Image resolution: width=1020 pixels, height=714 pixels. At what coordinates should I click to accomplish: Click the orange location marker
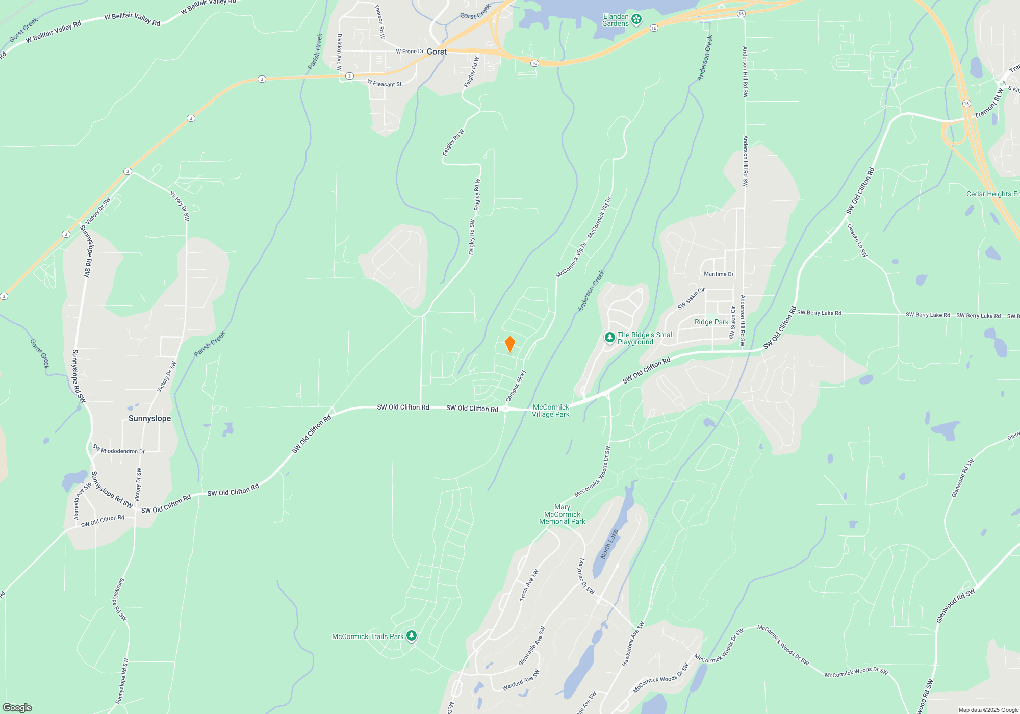(509, 344)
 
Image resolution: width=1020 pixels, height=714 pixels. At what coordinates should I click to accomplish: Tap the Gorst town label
(437, 52)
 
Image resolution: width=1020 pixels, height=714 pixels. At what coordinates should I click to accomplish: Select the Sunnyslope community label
(149, 418)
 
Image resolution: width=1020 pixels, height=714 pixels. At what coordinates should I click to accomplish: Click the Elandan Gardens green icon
(636, 19)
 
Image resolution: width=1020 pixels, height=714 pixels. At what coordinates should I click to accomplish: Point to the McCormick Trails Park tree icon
(412, 636)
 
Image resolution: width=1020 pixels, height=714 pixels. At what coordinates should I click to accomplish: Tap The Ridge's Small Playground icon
(609, 338)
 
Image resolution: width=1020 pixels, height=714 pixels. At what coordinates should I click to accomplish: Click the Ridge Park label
(711, 322)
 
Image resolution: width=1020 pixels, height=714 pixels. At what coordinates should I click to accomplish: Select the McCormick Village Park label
(551, 411)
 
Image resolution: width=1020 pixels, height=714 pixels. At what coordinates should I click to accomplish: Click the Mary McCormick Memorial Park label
(562, 514)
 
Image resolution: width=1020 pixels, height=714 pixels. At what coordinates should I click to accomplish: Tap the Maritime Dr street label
(719, 274)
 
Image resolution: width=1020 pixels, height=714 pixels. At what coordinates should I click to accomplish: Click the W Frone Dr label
(410, 52)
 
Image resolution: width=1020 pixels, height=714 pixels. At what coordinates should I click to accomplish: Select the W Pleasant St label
(384, 83)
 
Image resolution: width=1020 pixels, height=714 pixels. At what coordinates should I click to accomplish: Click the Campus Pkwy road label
(516, 386)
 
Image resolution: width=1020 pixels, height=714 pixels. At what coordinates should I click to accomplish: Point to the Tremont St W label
(988, 104)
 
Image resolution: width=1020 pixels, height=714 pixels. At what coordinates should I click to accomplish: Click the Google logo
(17, 707)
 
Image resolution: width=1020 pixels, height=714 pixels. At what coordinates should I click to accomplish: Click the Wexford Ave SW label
(521, 680)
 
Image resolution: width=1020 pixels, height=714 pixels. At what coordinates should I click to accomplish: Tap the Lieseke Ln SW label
(857, 240)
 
